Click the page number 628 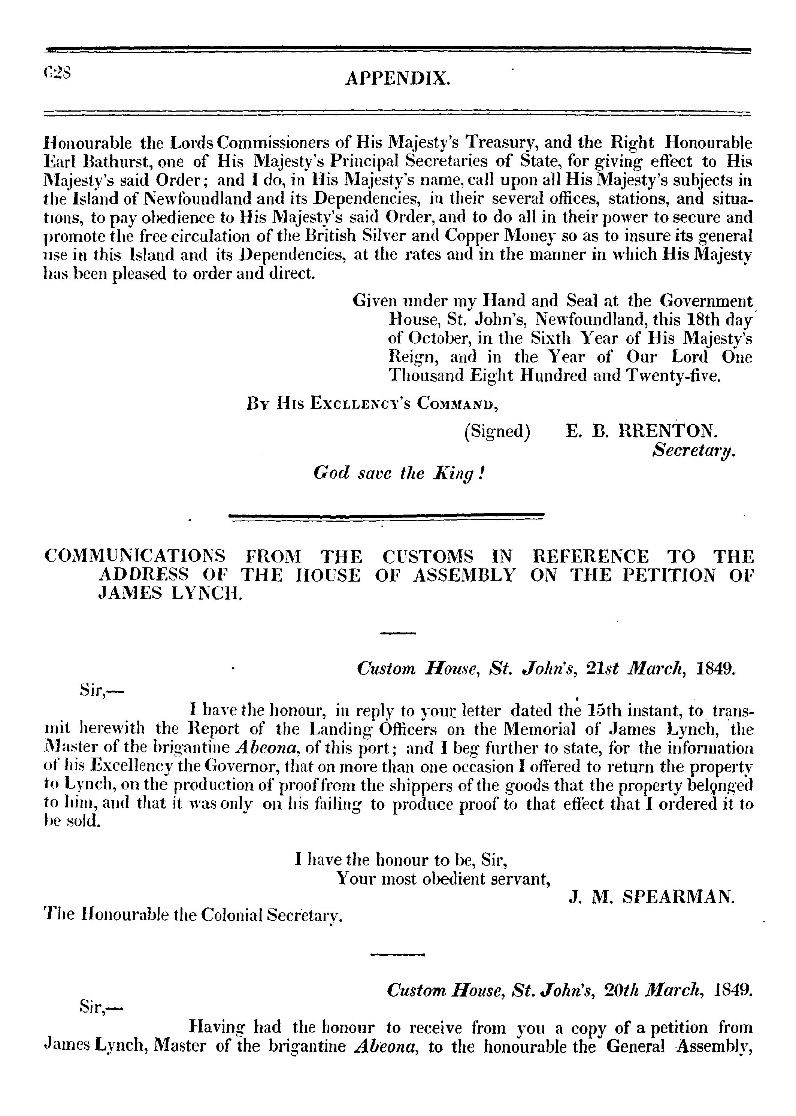57,73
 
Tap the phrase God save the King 399,473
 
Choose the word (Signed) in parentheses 497,431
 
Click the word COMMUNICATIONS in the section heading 135,557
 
